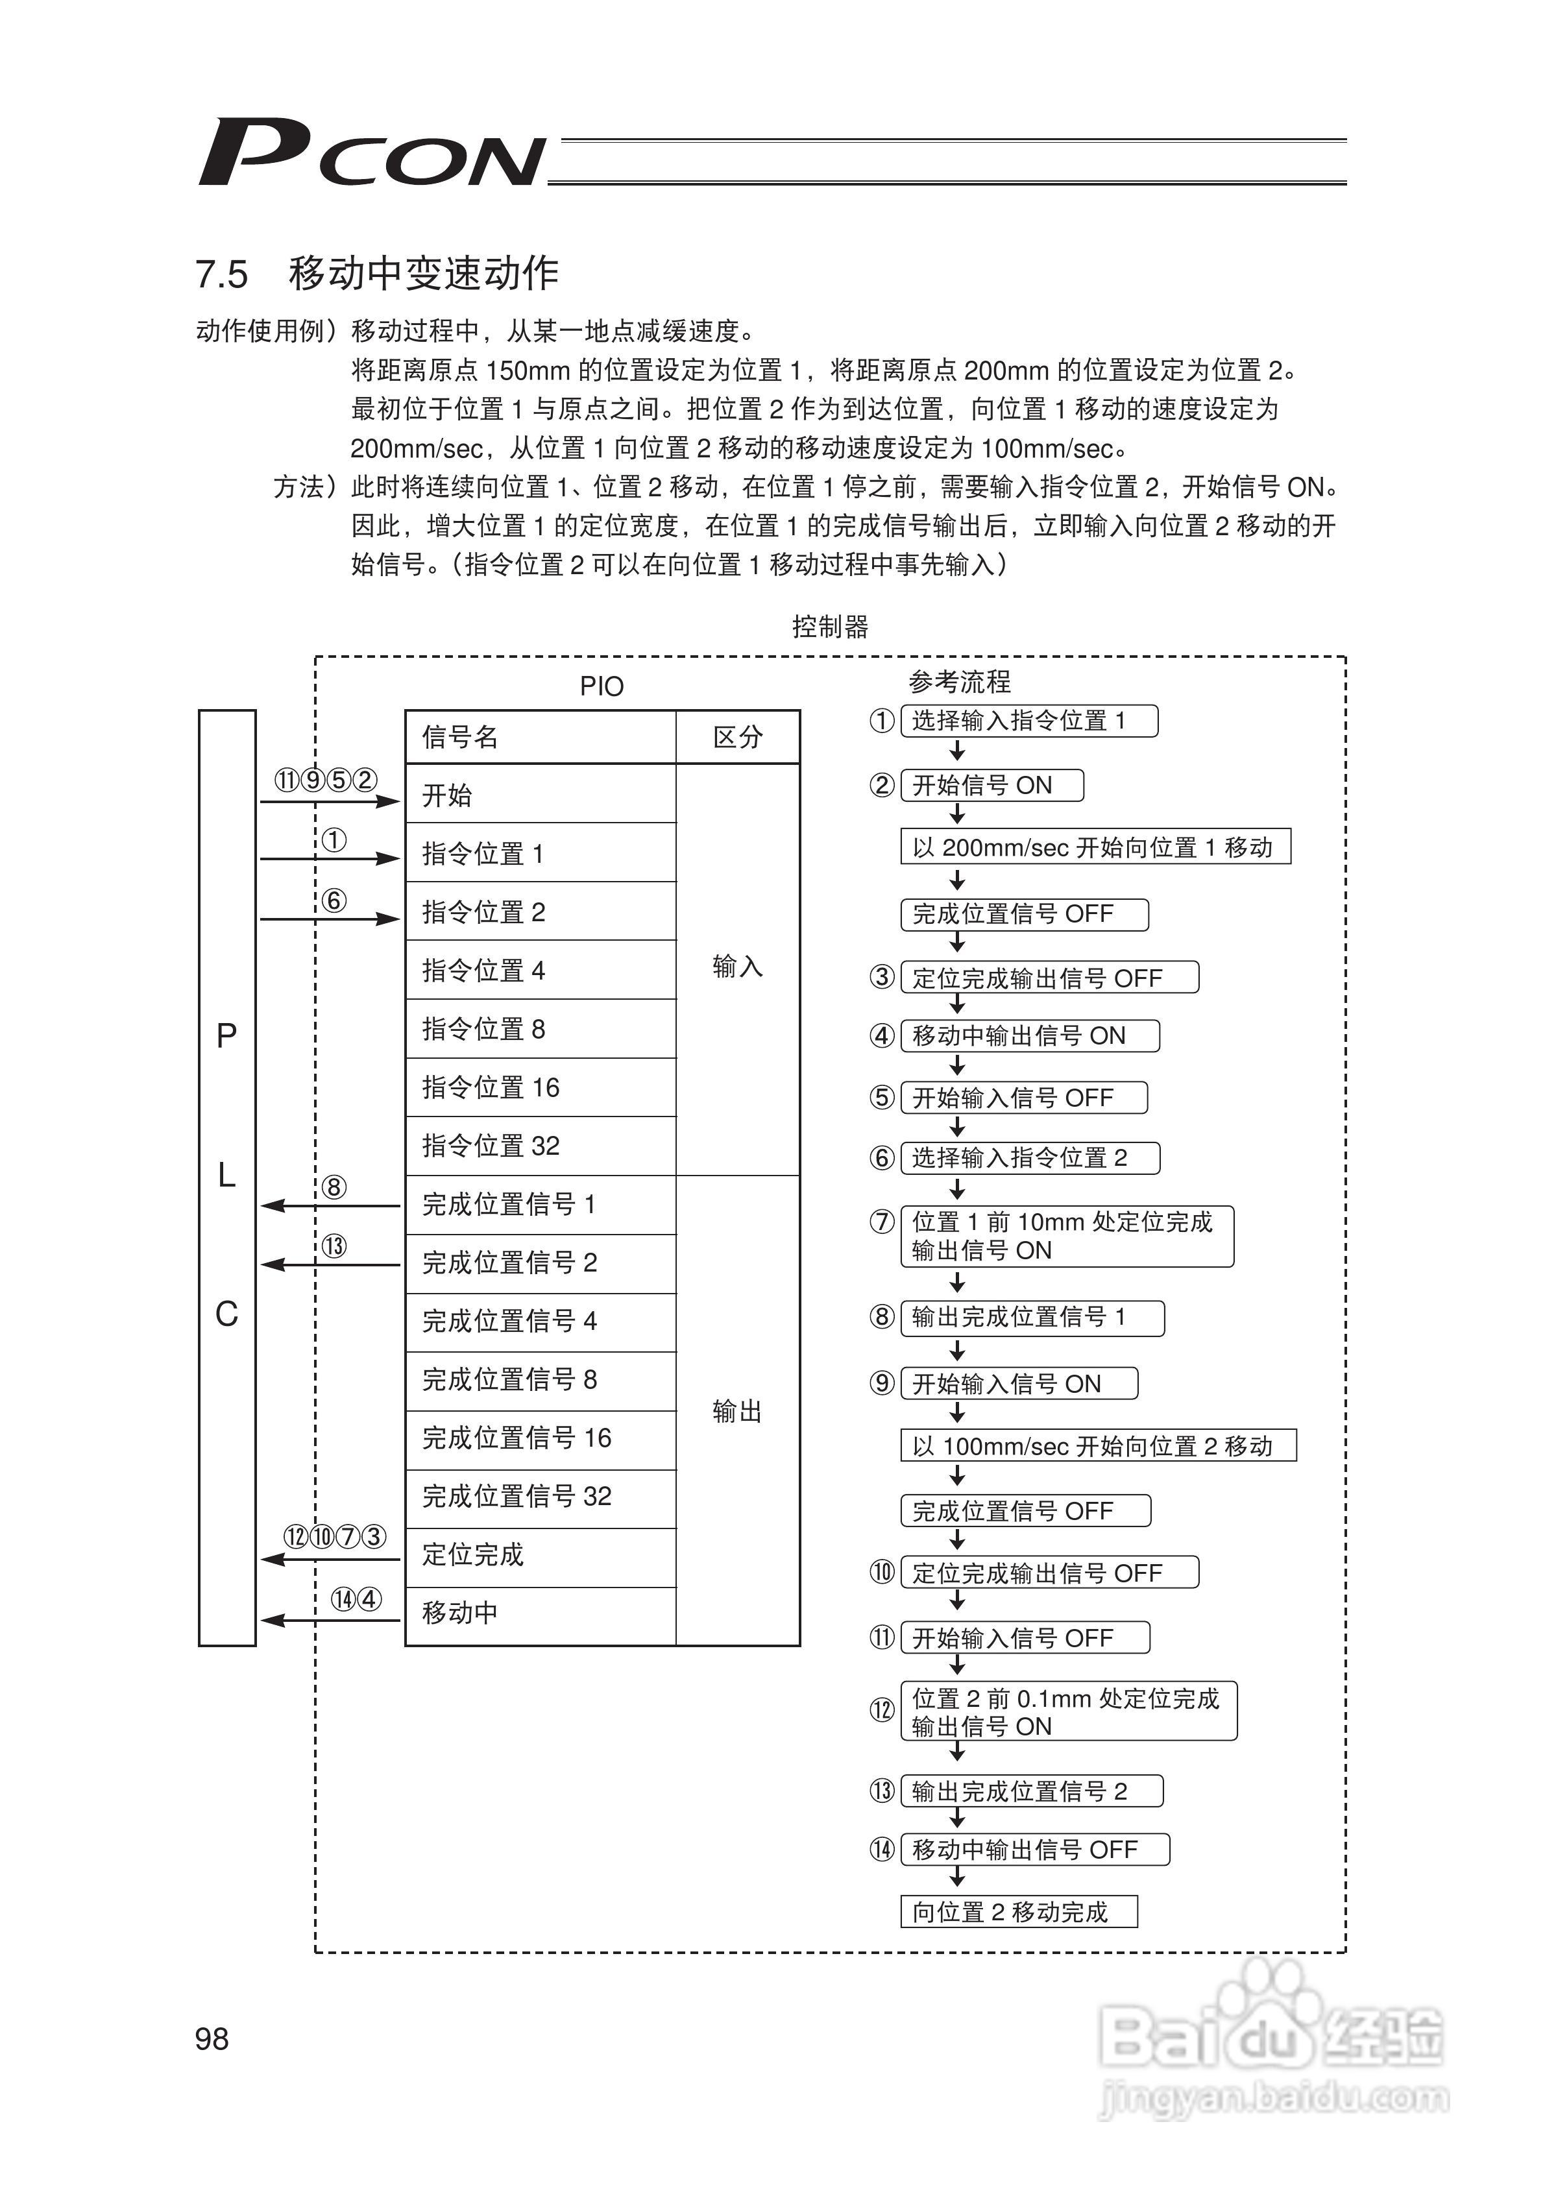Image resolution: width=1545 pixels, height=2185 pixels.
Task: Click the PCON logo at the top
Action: [371, 153]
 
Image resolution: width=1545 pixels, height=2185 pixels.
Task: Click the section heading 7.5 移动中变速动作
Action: [377, 274]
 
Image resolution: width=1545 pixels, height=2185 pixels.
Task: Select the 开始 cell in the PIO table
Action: [540, 795]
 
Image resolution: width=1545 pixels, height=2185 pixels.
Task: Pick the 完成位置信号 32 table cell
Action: [540, 1497]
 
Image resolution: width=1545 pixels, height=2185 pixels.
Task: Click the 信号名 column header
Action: [540, 736]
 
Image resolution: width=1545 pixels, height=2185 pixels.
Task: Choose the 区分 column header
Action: [738, 736]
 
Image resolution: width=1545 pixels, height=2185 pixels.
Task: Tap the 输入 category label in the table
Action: [738, 967]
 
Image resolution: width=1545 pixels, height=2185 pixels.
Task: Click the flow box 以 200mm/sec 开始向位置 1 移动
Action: [1095, 847]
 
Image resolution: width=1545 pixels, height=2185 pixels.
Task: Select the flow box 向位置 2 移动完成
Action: [1019, 1912]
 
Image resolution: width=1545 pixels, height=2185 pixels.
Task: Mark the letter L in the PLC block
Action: [226, 1176]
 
